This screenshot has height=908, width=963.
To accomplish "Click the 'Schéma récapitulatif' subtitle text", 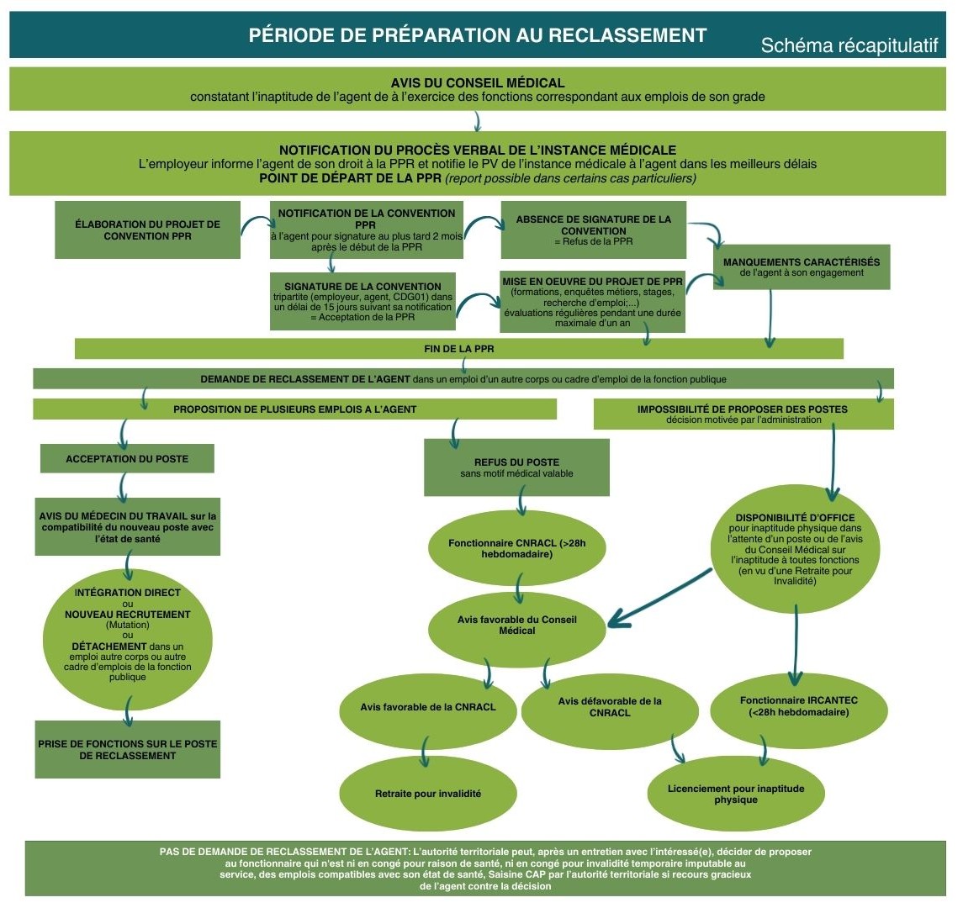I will tap(849, 46).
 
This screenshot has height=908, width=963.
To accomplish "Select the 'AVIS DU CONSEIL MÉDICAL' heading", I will tap(478, 83).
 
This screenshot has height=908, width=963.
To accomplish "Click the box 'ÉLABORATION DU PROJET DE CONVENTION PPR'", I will tap(147, 230).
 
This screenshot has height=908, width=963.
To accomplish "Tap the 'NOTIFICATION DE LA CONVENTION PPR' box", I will tap(366, 230).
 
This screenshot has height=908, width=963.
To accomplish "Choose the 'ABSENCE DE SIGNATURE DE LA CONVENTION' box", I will tap(593, 230).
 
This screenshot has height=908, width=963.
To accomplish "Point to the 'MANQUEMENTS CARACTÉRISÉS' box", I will tap(801, 267).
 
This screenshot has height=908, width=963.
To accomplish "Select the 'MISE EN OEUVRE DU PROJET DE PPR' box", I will tap(592, 301).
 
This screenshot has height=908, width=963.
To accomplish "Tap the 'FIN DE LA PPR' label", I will tap(458, 348).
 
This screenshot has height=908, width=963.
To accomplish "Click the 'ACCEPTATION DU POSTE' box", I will tap(127, 459).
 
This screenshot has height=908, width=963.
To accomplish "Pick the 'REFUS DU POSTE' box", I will tap(516, 468).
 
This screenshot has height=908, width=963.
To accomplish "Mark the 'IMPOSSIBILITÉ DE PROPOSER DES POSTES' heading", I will tap(743, 414).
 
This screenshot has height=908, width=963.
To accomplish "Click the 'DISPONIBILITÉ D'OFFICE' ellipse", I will tap(795, 548).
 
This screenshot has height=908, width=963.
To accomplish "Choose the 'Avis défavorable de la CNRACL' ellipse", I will tap(610, 707).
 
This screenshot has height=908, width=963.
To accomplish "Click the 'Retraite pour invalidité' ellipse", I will tap(428, 794).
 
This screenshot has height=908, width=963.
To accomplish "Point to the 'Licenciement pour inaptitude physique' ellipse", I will tap(736, 794).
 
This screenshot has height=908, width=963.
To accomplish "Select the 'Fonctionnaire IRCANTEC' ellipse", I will tap(798, 706).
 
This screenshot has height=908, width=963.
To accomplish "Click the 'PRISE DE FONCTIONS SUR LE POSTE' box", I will tap(127, 749).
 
